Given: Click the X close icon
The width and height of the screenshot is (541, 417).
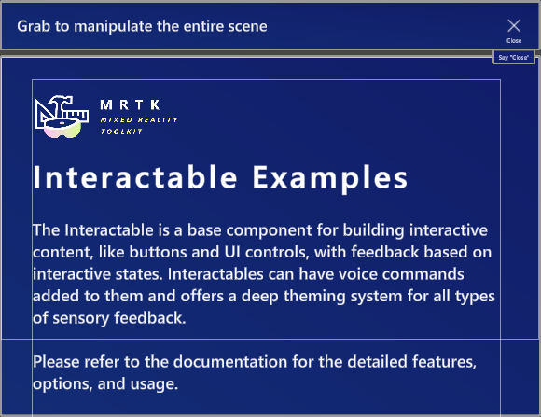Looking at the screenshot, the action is click(514, 25).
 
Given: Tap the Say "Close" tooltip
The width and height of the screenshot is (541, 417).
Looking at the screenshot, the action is click(514, 57).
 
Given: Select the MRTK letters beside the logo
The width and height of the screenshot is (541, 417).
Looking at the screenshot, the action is click(130, 104).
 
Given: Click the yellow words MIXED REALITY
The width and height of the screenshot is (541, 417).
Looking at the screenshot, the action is click(139, 119).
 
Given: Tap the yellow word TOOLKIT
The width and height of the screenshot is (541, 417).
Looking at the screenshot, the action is click(121, 132).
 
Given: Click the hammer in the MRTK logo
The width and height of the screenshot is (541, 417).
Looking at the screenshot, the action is click(62, 104).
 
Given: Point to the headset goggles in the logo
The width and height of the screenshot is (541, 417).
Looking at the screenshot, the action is click(62, 128).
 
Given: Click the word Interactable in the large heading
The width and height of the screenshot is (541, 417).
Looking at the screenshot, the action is click(135, 177).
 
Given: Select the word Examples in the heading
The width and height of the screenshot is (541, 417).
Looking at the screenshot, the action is click(330, 178).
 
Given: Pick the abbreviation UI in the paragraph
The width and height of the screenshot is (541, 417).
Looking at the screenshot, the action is click(232, 252).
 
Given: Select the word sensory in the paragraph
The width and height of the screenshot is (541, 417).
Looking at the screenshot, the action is click(81, 319).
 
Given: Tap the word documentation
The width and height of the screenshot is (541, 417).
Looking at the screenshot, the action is click(230, 362).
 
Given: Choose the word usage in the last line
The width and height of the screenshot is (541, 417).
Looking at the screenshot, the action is click(154, 384).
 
